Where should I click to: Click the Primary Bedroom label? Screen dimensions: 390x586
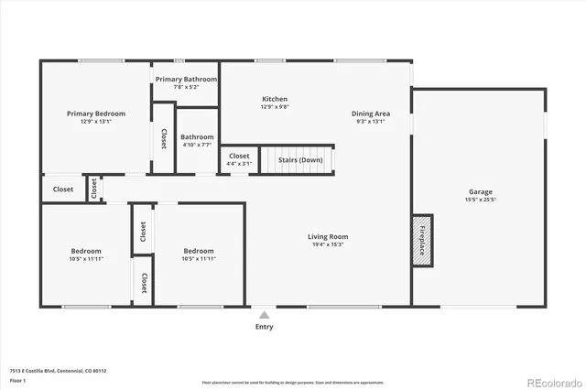(x=95, y=114)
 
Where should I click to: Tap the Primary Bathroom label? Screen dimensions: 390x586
(x=186, y=80)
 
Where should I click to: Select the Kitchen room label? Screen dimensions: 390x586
(x=275, y=99)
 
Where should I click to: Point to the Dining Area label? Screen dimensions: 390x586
(x=370, y=114)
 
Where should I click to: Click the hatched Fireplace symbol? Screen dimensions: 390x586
(x=421, y=242)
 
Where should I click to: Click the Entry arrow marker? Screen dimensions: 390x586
(x=265, y=313)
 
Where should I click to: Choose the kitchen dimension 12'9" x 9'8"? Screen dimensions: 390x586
(x=275, y=107)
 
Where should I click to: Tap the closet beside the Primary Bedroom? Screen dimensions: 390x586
(x=163, y=138)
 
